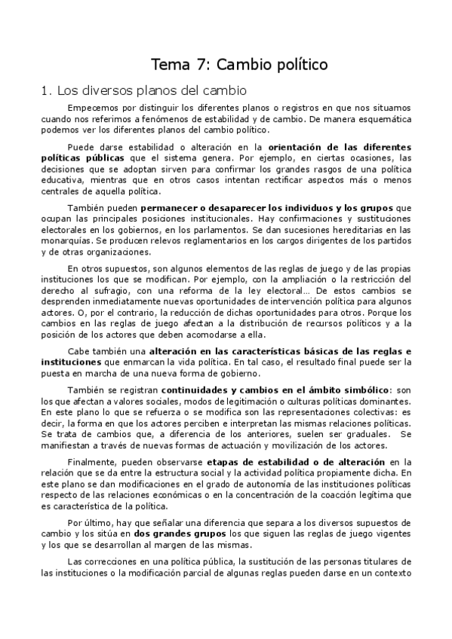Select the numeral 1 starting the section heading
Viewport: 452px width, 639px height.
coord(44,92)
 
